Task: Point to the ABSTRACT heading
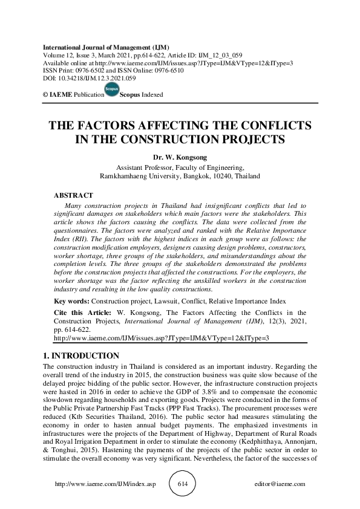(x=74, y=196)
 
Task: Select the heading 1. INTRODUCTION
(x=82, y=356)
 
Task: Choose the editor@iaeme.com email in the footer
(x=281, y=484)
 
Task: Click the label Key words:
(x=71, y=300)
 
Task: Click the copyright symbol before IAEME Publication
(x=45, y=95)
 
